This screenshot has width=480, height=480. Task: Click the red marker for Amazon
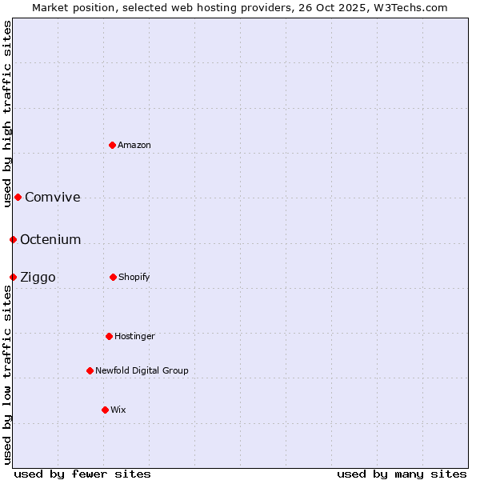pyautogui.click(x=113, y=145)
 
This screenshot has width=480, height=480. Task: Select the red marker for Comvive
pyautogui.click(x=18, y=197)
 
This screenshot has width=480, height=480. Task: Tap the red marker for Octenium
pyautogui.click(x=13, y=239)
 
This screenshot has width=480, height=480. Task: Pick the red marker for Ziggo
pyautogui.click(x=13, y=277)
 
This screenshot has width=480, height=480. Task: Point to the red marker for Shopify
pyautogui.click(x=113, y=277)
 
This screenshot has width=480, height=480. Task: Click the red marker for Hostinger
pyautogui.click(x=109, y=336)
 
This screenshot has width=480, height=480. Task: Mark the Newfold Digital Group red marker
pyautogui.click(x=90, y=370)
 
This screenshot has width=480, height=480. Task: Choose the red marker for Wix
pyautogui.click(x=105, y=410)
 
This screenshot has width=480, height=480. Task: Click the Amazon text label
pyautogui.click(x=134, y=145)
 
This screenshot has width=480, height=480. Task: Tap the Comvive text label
pyautogui.click(x=53, y=198)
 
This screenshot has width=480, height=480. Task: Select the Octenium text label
pyautogui.click(x=50, y=239)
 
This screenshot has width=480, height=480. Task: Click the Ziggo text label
pyautogui.click(x=38, y=278)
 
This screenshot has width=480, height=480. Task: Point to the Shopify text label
pyautogui.click(x=134, y=277)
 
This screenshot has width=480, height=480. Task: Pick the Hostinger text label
pyautogui.click(x=134, y=336)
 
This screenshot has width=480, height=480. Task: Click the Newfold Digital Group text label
pyautogui.click(x=142, y=370)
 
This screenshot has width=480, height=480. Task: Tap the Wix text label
pyautogui.click(x=118, y=410)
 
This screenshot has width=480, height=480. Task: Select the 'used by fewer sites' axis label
pyautogui.click(x=82, y=474)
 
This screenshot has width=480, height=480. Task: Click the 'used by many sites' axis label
pyautogui.click(x=402, y=474)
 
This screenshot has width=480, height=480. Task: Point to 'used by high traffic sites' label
pyautogui.click(x=8, y=114)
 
